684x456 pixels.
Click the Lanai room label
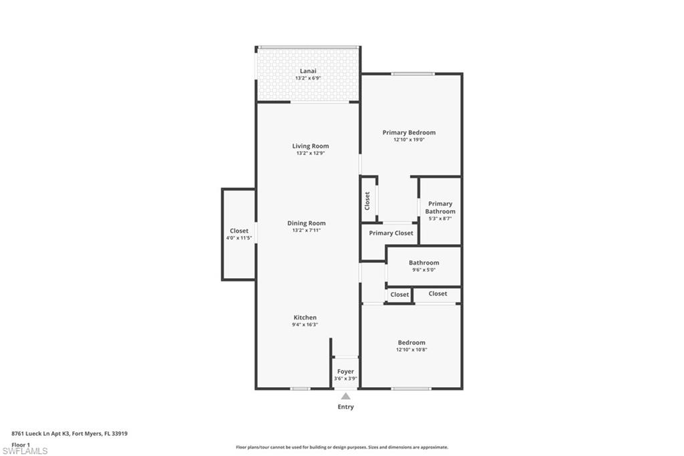click(308, 71)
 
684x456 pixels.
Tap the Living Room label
click(310, 146)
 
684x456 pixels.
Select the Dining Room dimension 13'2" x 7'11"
click(307, 231)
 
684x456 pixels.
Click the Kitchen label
click(305, 318)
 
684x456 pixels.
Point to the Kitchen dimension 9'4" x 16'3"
click(305, 325)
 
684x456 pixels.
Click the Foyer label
click(345, 372)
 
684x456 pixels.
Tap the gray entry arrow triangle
click(345, 396)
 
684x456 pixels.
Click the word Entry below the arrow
click(345, 407)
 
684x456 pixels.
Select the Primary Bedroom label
click(409, 132)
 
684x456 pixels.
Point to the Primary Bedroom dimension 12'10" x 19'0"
click(409, 140)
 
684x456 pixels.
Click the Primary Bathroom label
click(440, 207)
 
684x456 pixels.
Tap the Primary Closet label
click(391, 233)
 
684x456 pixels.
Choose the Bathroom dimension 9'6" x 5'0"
click(423, 270)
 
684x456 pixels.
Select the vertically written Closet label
click(367, 201)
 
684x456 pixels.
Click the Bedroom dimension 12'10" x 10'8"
click(411, 350)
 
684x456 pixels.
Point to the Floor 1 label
click(21, 444)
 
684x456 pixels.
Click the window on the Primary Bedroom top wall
click(413, 74)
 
